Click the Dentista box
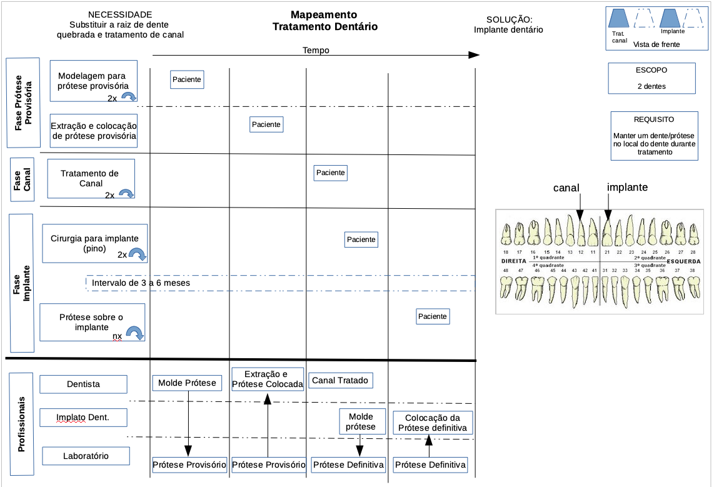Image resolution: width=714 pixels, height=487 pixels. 83,384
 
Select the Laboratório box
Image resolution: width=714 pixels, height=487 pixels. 86,456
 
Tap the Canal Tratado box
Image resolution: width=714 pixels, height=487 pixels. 340,380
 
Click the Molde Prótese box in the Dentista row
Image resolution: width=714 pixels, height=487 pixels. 187,383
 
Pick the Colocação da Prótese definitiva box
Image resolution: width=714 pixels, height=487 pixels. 433,423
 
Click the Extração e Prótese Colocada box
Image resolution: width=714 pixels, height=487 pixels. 268,379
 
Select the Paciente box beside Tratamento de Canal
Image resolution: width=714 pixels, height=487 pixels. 330,173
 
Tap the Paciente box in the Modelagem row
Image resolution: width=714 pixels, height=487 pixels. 187,79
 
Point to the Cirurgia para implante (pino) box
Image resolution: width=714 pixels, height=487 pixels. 94,243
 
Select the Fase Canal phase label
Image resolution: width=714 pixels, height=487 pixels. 23,179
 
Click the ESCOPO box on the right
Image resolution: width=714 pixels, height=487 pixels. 651,78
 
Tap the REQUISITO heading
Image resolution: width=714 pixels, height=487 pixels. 653,119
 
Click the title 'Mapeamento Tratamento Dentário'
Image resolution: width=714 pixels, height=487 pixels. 324,21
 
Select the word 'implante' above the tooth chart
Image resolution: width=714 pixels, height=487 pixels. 627,187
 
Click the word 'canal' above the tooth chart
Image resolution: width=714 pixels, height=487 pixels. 566,188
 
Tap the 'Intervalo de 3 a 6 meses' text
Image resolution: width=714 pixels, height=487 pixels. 141,283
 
